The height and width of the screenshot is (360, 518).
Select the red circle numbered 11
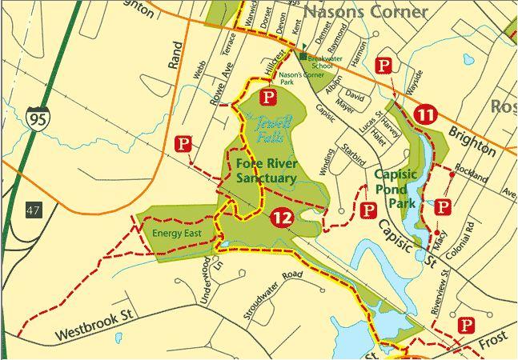pos(425,114)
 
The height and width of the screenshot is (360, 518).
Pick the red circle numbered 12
pos(280,218)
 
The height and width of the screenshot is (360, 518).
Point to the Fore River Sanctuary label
pos(267,171)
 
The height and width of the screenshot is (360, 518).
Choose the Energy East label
pos(175,234)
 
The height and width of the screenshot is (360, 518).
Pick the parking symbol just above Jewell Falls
pos(270,98)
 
